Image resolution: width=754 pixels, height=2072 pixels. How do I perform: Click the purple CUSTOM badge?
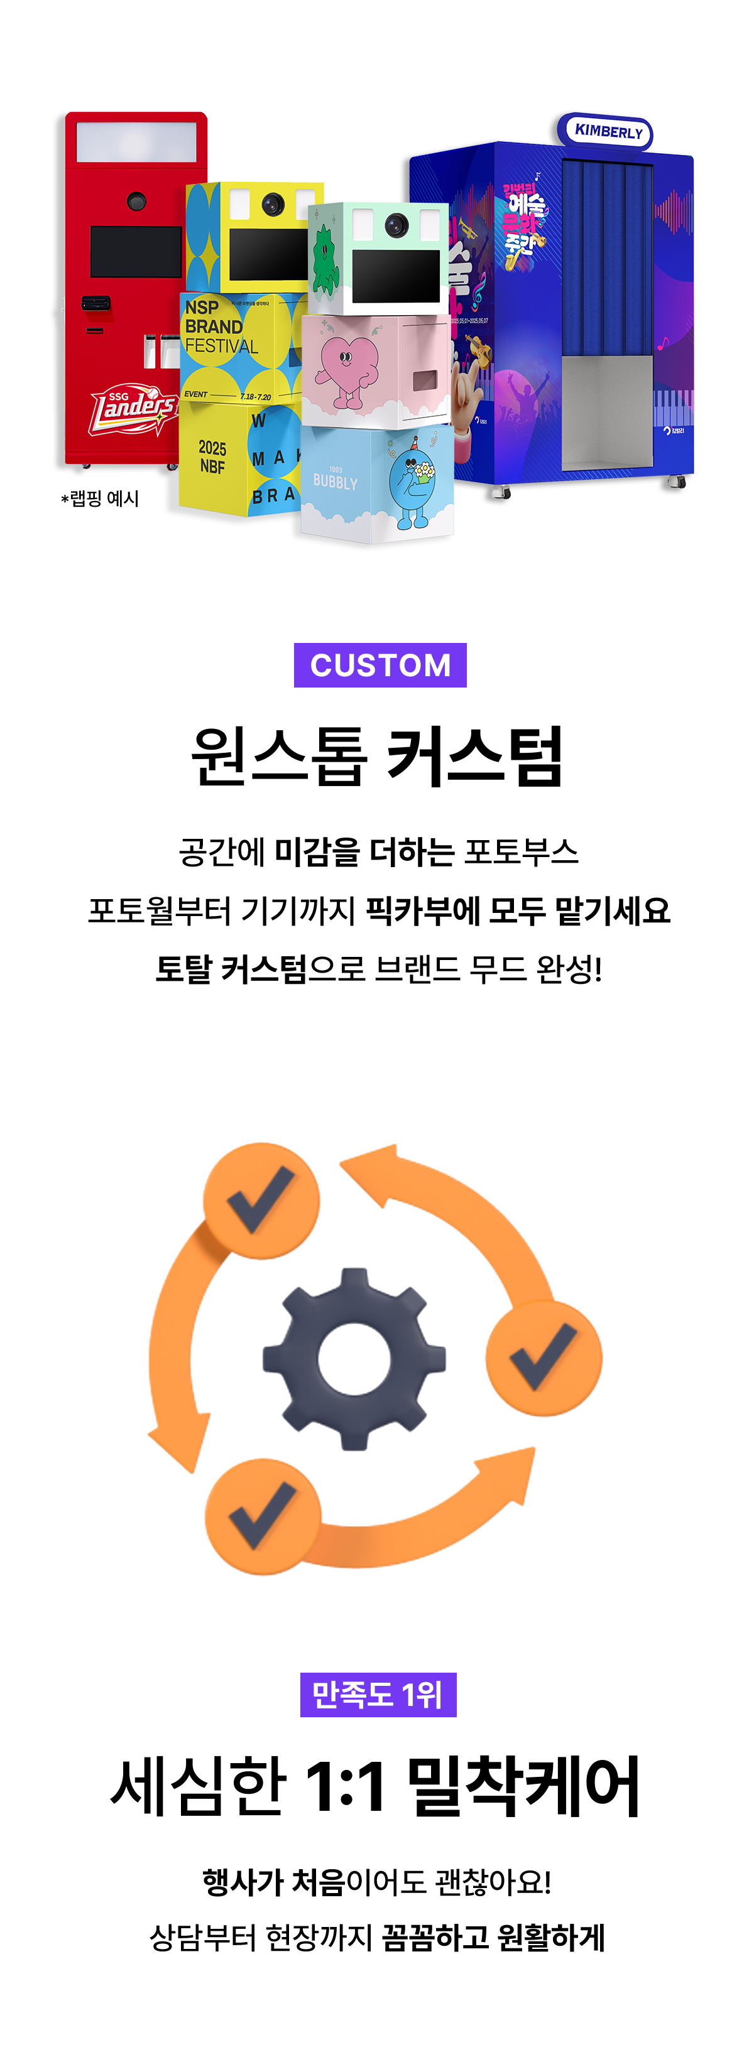380,665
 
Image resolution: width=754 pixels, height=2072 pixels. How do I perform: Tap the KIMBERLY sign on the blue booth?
608,131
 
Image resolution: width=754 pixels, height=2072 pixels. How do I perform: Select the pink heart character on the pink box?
347,367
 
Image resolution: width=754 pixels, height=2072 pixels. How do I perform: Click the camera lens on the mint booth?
395,226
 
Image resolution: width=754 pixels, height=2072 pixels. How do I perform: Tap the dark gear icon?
354,1359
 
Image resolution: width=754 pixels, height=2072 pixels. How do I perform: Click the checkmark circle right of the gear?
544,1359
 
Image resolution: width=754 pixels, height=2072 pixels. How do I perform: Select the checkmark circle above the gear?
261,1200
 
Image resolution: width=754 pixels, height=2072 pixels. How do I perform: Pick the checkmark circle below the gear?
263,1516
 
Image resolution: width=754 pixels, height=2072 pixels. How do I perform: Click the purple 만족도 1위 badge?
378,1695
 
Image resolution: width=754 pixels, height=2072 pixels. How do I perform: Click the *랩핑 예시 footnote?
100,499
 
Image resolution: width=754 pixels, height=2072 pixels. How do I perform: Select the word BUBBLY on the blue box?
335,482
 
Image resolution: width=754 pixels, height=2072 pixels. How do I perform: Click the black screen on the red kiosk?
135,252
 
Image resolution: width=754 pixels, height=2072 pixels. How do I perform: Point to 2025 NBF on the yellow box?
212,457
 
